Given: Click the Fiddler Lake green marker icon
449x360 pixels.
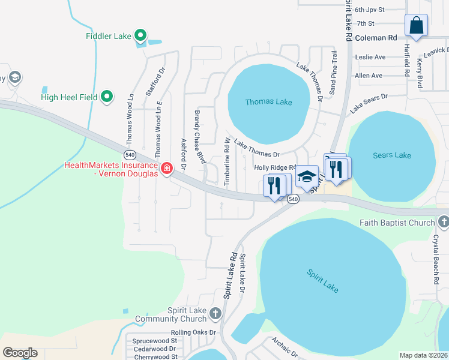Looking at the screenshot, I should click(140, 37).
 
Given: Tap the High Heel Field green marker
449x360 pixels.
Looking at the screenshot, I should click(107, 97).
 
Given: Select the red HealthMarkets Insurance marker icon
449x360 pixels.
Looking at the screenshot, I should click(166, 168).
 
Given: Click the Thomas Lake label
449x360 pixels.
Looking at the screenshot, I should click(268, 102).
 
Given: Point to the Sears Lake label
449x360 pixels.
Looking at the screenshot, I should click(391, 155).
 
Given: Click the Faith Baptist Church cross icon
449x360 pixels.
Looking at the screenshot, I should click(443, 223).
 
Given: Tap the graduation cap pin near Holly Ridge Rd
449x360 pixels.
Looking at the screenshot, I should click(307, 177).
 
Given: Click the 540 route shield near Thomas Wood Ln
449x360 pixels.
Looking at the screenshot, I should click(131, 154).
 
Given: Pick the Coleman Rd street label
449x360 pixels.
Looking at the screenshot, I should click(376, 37).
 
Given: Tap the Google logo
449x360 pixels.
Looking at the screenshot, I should click(20, 353).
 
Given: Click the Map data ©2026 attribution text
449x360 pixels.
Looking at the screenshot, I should click(423, 355).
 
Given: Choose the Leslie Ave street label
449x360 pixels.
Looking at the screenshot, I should click(370, 58).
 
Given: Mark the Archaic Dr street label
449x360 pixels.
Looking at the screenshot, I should click(285, 346).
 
